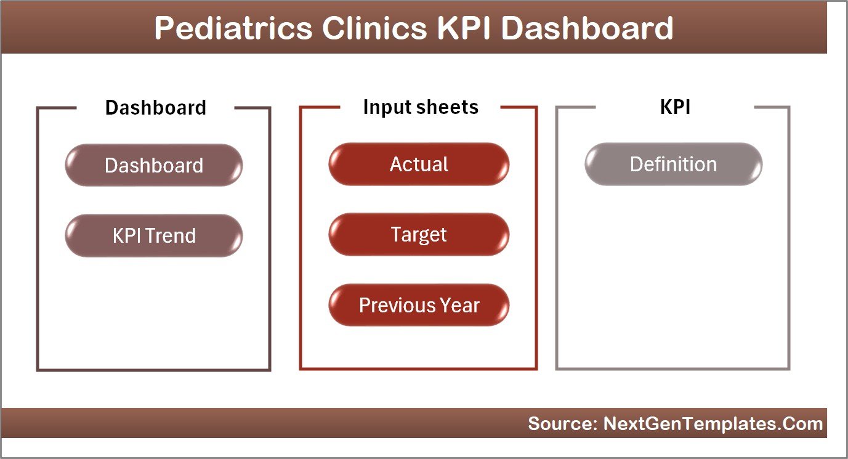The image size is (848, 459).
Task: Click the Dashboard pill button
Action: [x=154, y=165]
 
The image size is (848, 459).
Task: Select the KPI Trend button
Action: [x=154, y=235]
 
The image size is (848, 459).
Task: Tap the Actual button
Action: [x=419, y=165]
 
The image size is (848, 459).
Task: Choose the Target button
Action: [x=419, y=235]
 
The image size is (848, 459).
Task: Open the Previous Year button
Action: [x=419, y=305]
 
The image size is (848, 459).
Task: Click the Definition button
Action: [x=673, y=165]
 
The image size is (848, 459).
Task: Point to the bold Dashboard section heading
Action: [x=155, y=108]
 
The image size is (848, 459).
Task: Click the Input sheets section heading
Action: [x=420, y=107]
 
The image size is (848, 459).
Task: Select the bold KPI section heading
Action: [x=675, y=107]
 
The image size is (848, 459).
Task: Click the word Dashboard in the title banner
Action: [x=588, y=28]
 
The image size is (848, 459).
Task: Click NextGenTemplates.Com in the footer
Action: [x=713, y=424]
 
